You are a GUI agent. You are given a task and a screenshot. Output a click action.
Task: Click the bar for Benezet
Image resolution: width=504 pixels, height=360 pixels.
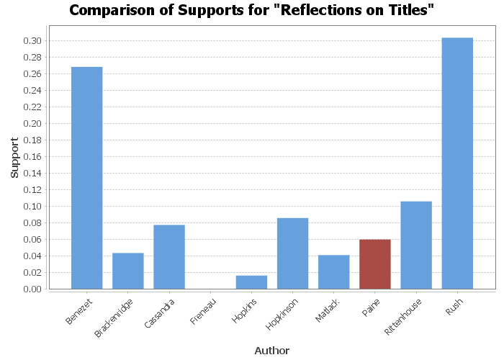tap(86, 178)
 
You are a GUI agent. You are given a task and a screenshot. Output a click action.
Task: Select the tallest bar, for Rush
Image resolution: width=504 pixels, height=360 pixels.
tap(457, 163)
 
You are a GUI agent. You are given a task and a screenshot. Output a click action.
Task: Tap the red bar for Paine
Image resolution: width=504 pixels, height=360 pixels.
tap(375, 264)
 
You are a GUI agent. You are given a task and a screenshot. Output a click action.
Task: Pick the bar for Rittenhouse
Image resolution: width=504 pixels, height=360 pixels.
tap(416, 246)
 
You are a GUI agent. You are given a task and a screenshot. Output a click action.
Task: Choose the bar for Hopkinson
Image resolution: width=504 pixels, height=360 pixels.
tap(292, 253)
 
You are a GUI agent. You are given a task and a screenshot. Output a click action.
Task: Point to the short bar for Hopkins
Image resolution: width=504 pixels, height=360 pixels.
tap(251, 282)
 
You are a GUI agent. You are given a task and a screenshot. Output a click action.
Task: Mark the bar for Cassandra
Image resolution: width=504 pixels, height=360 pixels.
tap(169, 257)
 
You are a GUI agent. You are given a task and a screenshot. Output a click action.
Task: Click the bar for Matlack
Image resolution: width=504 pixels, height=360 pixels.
tap(333, 272)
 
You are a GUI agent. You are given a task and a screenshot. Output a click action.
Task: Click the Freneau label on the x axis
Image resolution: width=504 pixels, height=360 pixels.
tap(202, 312)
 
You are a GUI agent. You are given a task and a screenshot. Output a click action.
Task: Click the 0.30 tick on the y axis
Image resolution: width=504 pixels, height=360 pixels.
tap(32, 41)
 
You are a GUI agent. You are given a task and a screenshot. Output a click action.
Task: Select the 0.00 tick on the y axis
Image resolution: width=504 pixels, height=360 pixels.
tap(32, 289)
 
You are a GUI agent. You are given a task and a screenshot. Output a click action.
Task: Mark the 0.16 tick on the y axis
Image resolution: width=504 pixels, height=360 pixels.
tap(32, 157)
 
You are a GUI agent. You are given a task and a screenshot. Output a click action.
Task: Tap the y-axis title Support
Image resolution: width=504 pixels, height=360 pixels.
tap(14, 158)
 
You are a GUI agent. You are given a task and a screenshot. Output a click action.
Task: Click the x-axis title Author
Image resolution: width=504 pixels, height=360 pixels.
tap(271, 351)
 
